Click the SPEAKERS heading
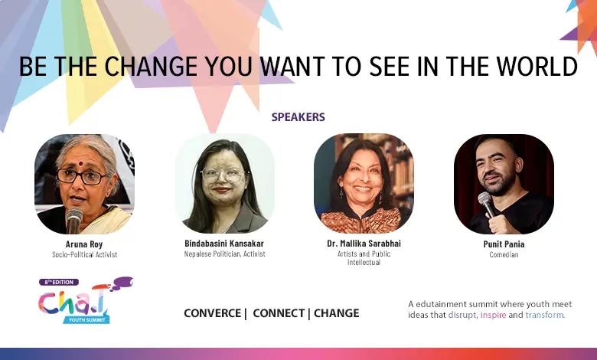tap(298, 117)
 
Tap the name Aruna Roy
tap(84, 244)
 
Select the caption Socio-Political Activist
tap(84, 254)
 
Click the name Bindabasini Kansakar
tap(224, 243)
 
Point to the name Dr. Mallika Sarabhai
tap(364, 243)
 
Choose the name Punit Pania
tap(504, 244)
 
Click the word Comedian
tap(504, 254)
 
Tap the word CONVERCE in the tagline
tap(213, 313)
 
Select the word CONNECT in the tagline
tap(279, 313)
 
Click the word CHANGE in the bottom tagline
tap(337, 313)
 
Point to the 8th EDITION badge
tap(59, 283)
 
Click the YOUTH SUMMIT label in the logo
tap(86, 319)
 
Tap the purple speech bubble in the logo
tap(122, 282)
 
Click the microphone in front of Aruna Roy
tap(74, 220)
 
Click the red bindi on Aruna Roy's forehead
tap(80, 164)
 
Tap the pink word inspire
tap(493, 315)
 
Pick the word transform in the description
tap(545, 315)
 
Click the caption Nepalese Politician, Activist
tap(224, 254)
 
